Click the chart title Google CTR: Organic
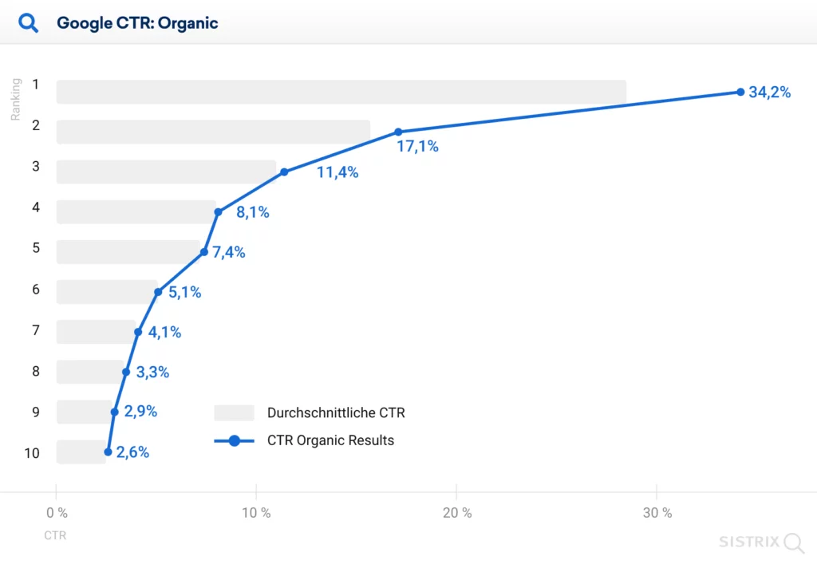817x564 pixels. tap(137, 23)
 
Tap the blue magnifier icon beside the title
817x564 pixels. tap(29, 23)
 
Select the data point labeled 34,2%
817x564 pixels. tap(740, 92)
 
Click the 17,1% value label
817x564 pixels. tap(417, 147)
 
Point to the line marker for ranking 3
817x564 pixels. tap(284, 172)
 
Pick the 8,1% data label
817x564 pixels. tap(253, 212)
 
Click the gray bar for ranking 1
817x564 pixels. tap(341, 92)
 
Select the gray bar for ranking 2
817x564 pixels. tap(213, 132)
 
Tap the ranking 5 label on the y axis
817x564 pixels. tap(36, 248)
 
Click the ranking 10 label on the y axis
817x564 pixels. tap(32, 453)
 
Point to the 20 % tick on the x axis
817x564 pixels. tap(456, 513)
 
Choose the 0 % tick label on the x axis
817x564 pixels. tap(57, 513)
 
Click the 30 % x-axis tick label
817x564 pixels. tap(657, 513)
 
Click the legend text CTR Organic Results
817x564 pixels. tap(330, 440)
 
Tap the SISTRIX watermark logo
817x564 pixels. tap(761, 542)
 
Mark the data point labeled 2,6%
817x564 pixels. tap(108, 452)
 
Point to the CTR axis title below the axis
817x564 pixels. tap(55, 535)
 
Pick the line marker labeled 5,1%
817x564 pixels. tap(158, 292)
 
